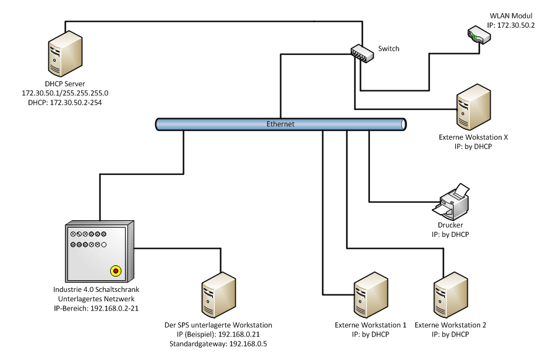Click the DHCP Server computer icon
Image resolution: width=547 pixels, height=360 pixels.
pos(64,55)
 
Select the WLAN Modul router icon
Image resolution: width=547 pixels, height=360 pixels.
pos(480,36)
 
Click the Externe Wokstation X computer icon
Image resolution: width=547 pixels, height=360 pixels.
pos(473,108)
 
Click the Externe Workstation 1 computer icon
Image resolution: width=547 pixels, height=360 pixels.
pos(370,296)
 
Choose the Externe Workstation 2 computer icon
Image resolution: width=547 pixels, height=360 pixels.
pos(450,296)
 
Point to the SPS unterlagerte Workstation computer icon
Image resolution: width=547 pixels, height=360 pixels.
pos(218,296)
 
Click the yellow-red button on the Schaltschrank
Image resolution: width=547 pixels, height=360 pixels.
pos(115,270)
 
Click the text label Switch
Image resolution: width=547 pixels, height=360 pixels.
pos(389,49)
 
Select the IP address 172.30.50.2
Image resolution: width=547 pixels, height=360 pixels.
pos(510,25)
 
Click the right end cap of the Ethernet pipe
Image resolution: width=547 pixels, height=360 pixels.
pos(403,124)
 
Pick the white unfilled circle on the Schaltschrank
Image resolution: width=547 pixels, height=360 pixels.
pos(104,246)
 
